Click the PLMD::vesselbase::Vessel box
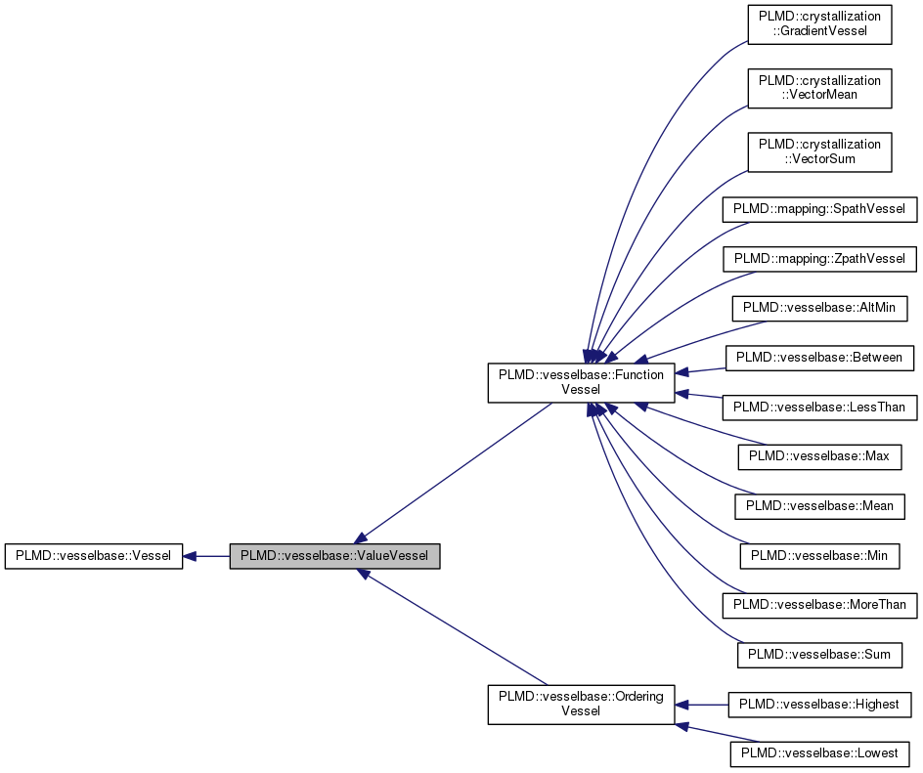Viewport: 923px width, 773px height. point(93,556)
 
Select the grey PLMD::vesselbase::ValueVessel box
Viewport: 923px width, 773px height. point(334,556)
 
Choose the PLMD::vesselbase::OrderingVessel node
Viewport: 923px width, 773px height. point(581,705)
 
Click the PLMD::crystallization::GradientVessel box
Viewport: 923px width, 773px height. point(819,25)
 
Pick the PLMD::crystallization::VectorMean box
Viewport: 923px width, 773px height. point(819,88)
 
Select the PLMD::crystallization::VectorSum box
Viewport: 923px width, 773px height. point(819,152)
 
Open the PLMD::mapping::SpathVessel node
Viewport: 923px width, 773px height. point(819,209)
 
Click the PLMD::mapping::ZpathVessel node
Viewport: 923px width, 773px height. point(819,259)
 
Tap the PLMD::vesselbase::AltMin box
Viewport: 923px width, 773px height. point(820,308)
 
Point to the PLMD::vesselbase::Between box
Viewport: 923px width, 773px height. point(819,358)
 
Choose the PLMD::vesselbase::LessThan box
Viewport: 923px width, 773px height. point(819,407)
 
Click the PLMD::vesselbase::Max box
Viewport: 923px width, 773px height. point(819,456)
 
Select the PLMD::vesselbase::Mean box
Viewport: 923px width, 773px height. point(819,506)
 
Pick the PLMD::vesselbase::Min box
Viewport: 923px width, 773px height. point(819,555)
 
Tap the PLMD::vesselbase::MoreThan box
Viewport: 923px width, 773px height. point(819,605)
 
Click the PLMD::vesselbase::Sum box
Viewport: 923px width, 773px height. point(819,654)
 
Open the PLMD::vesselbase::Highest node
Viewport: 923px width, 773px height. point(819,704)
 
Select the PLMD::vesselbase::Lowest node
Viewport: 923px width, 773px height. point(819,753)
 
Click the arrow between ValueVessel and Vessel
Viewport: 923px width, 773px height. point(206,556)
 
